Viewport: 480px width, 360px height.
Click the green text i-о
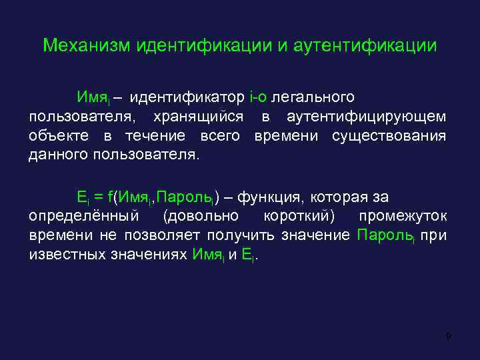click(258, 98)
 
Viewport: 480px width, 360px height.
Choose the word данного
click(59, 156)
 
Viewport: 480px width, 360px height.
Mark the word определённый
click(84, 217)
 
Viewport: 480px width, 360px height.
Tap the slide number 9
click(449, 337)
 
